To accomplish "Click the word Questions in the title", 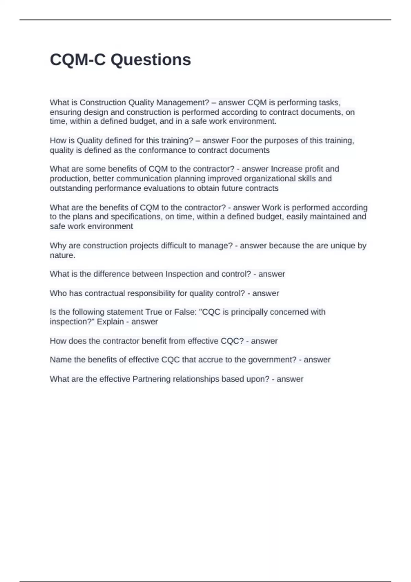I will pyautogui.click(x=151, y=60).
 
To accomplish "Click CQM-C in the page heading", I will pyautogui.click(x=78, y=60).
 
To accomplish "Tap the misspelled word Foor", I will pyautogui.click(x=240, y=141).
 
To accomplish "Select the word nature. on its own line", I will pyautogui.click(x=62, y=255).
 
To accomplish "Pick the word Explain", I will pyautogui.click(x=110, y=322).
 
